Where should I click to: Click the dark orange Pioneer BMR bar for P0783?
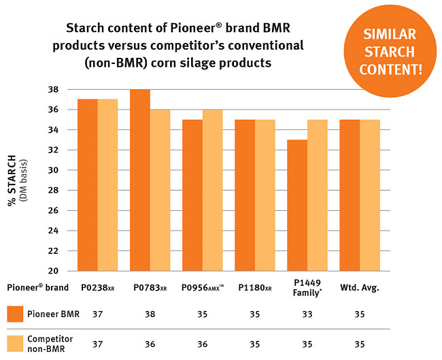[x=140, y=180]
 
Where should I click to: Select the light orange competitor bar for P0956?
[x=213, y=191]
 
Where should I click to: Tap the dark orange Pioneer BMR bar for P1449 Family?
[x=297, y=206]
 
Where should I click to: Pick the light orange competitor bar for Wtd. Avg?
[x=370, y=195]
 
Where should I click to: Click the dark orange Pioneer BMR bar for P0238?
[x=88, y=185]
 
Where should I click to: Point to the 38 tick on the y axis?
[x=53, y=90]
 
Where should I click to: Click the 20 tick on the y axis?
[x=53, y=271]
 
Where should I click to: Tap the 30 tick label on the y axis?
[x=53, y=170]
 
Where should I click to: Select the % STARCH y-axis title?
[x=12, y=180]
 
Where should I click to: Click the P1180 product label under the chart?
[x=255, y=287]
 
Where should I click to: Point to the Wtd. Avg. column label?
[x=360, y=287]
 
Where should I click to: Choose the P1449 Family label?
[x=307, y=288]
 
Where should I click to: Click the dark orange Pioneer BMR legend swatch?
[x=15, y=314]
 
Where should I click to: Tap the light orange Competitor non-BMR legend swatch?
[x=15, y=344]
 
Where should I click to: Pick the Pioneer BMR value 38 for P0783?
[x=150, y=314]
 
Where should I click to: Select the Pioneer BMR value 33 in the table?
[x=307, y=314]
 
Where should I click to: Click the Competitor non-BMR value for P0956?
[x=203, y=344]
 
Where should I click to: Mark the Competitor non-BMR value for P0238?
[x=97, y=344]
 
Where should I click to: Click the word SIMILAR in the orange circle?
[x=390, y=35]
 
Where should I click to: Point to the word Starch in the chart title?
[x=85, y=28]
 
